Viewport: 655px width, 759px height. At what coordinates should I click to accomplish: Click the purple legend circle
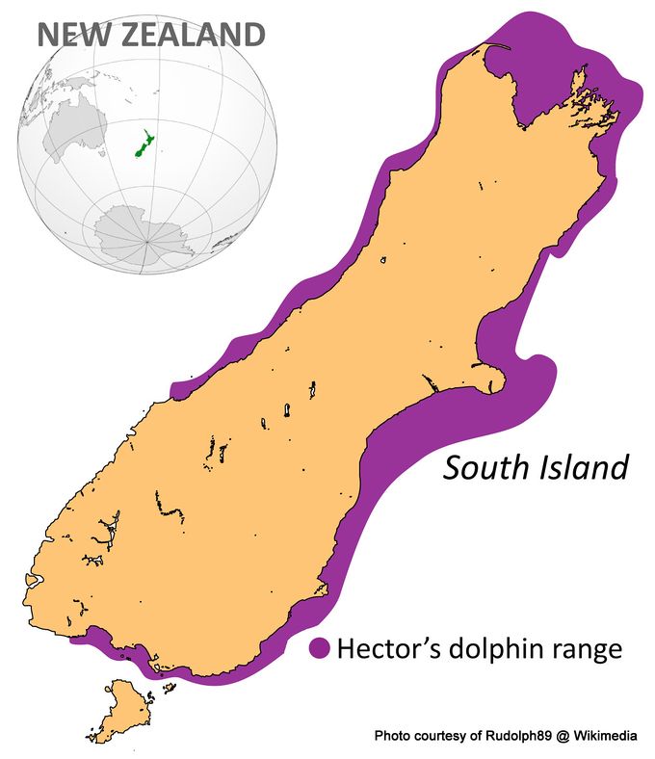pos(320,649)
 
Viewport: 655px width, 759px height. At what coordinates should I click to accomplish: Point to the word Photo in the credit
pos(392,737)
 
